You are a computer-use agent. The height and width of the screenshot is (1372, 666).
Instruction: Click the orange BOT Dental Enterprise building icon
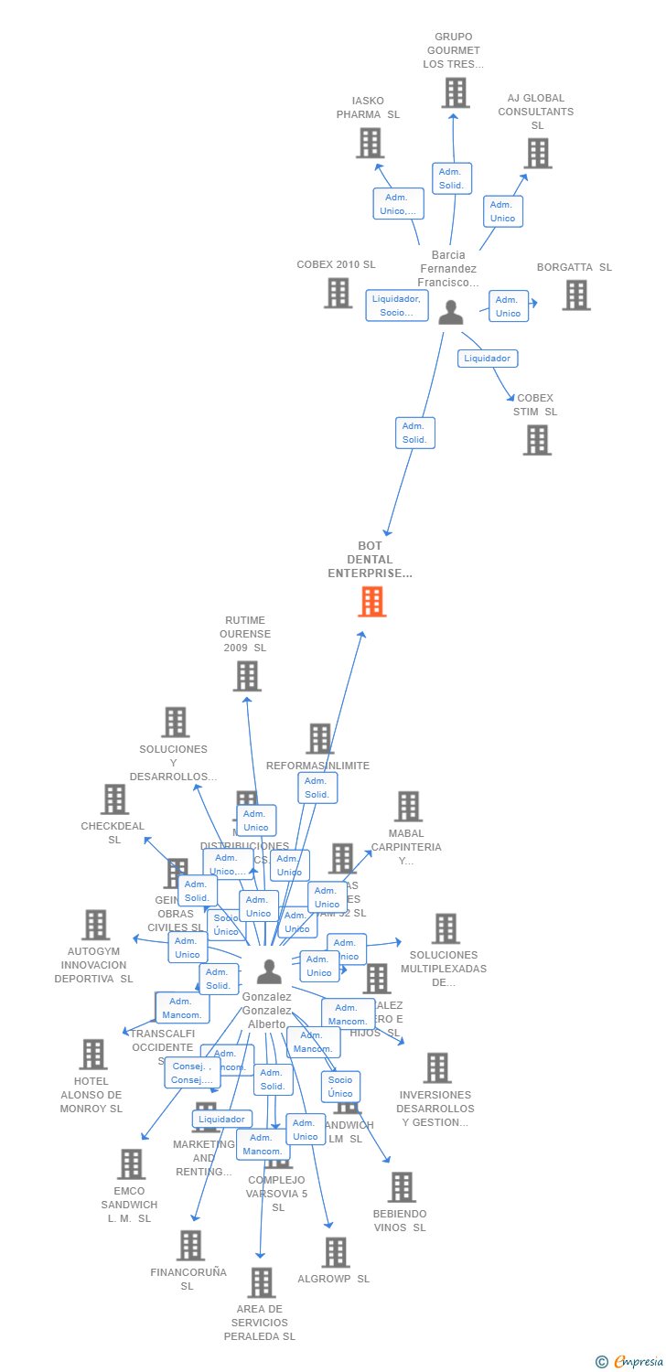(x=371, y=602)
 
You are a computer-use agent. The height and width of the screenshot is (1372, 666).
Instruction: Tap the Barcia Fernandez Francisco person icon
(x=450, y=313)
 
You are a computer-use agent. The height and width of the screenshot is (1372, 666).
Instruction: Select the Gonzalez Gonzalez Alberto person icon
(x=269, y=971)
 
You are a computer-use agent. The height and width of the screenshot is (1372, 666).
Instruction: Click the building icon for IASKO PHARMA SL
(x=370, y=143)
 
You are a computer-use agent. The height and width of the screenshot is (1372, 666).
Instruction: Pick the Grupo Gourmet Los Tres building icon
(x=455, y=92)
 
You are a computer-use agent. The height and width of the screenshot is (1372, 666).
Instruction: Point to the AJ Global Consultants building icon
(x=537, y=153)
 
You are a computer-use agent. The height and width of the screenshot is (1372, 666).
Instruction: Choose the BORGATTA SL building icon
(x=575, y=295)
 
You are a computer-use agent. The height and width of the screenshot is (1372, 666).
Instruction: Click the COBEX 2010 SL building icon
(x=338, y=293)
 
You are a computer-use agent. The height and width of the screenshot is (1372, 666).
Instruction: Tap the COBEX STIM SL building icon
(x=536, y=440)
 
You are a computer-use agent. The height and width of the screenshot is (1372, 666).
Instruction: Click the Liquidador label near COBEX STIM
(x=488, y=358)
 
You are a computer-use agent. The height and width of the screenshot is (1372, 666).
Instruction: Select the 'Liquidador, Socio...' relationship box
(x=397, y=305)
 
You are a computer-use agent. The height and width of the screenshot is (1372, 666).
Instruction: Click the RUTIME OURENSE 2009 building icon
(x=247, y=676)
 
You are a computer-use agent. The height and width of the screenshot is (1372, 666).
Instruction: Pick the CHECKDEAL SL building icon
(x=114, y=799)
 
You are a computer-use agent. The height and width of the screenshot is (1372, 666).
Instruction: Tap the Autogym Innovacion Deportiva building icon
(x=95, y=925)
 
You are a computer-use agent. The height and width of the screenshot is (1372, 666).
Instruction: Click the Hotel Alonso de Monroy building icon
(x=92, y=1055)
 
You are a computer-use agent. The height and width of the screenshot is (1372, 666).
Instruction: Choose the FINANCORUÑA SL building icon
(x=190, y=1245)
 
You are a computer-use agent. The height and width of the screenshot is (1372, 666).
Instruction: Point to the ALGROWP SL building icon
(x=336, y=1252)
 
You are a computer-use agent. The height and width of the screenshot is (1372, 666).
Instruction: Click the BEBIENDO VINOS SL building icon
(x=401, y=1187)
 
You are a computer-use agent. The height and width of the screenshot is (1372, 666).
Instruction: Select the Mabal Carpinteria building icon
(x=408, y=807)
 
